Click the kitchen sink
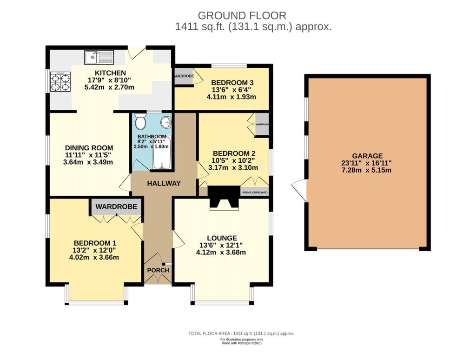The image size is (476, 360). [99, 57]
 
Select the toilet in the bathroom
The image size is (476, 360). [140, 122]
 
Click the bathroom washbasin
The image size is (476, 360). [166, 122]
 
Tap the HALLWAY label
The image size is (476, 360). [164, 183]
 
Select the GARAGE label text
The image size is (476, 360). [367, 156]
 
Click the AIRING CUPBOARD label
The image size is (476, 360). [254, 192]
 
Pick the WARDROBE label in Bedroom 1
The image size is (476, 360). [116, 206]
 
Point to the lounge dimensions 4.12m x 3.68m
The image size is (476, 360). [221, 253]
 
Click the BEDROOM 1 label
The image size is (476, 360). [95, 243]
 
